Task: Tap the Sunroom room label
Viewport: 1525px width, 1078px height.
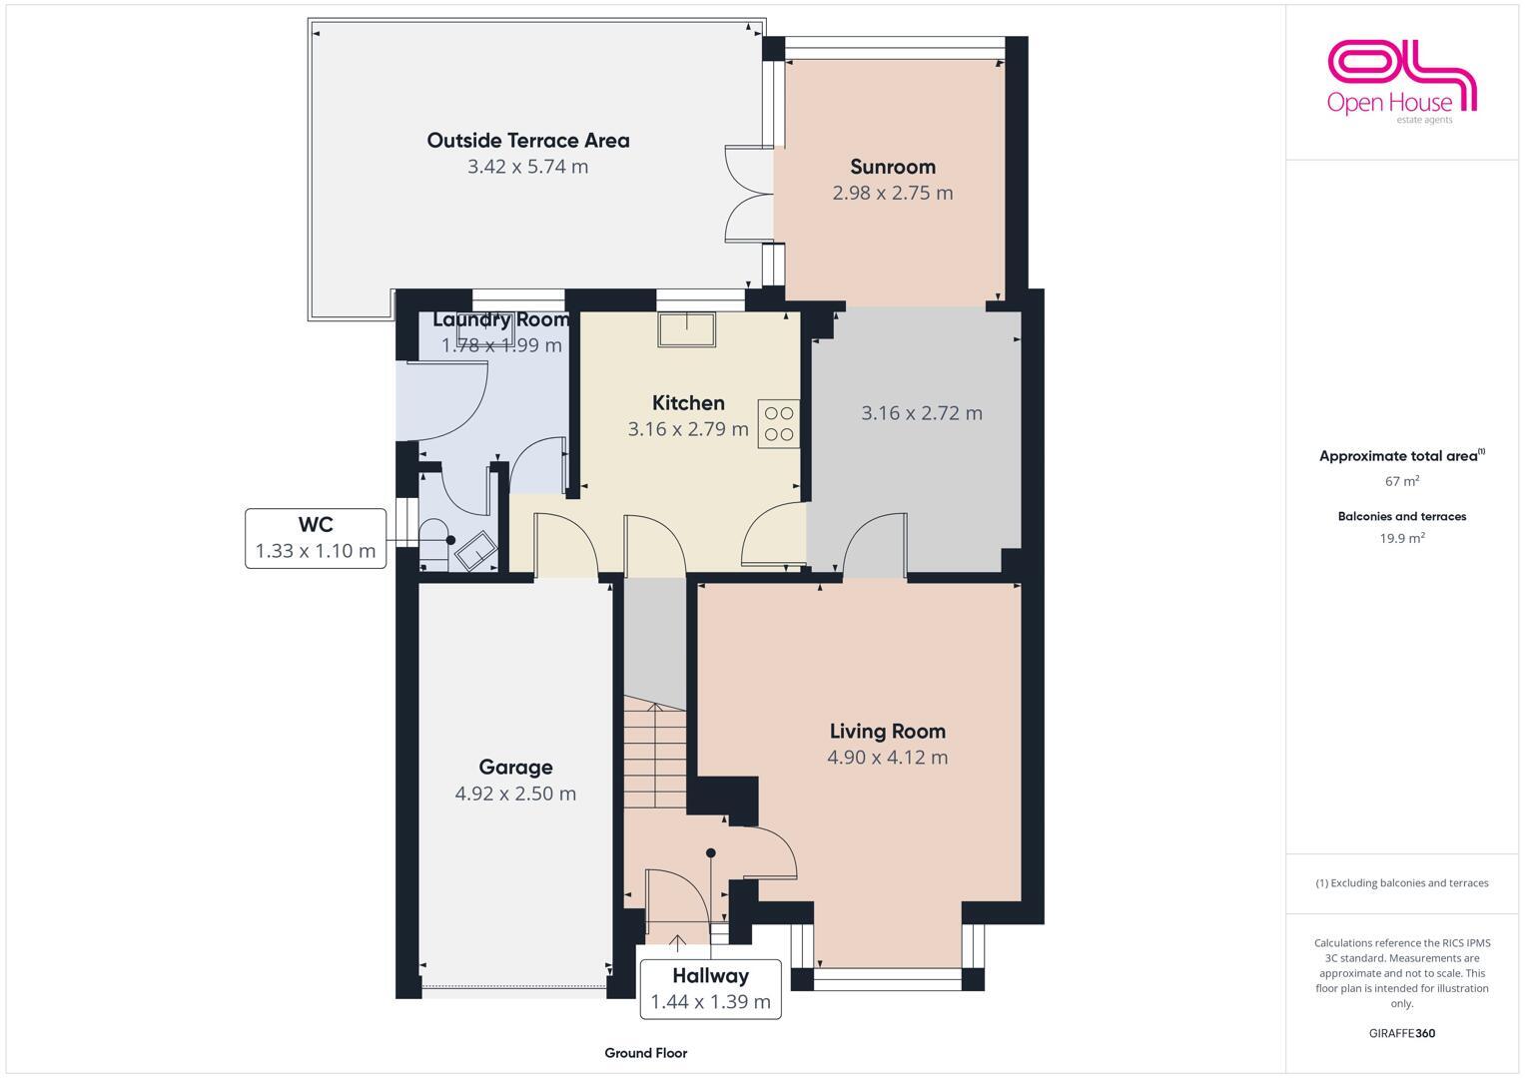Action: click(x=893, y=167)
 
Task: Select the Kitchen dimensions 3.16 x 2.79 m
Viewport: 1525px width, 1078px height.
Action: click(x=688, y=429)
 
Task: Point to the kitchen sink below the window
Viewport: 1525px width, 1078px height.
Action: click(x=687, y=329)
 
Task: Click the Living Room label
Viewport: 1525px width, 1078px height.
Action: click(x=887, y=732)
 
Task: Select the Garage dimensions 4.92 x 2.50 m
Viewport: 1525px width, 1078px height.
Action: click(x=515, y=794)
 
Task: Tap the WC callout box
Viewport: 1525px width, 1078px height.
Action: click(x=316, y=538)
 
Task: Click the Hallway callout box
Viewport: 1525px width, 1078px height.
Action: click(x=710, y=988)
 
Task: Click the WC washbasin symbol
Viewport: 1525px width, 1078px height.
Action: click(x=476, y=550)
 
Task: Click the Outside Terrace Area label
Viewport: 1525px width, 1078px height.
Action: click(x=528, y=141)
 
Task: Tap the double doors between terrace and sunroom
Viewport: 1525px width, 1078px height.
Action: click(x=748, y=194)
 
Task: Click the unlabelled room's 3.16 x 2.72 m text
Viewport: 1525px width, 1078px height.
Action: click(x=922, y=413)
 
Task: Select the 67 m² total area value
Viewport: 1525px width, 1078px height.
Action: click(x=1401, y=481)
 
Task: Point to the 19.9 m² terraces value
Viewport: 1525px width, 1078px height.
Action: click(x=1401, y=538)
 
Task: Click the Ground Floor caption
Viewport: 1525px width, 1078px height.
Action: click(x=645, y=1053)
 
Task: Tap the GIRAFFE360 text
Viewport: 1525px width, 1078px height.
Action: click(x=1401, y=1033)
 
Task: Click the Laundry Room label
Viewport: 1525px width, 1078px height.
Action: click(x=501, y=319)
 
